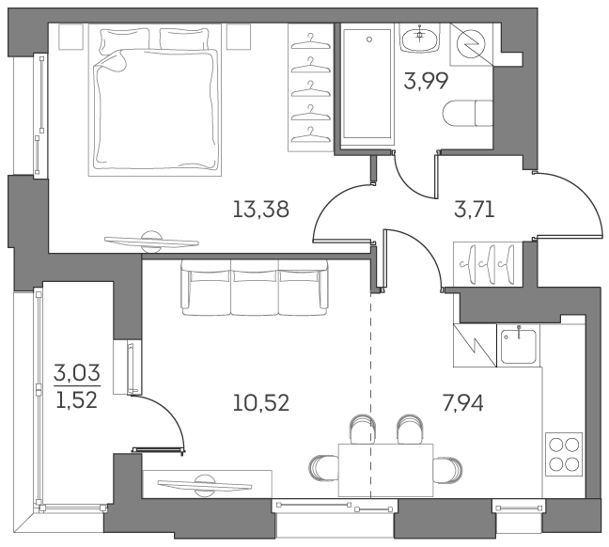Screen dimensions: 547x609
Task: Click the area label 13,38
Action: click(x=260, y=209)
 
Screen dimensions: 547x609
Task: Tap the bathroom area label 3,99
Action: click(x=426, y=81)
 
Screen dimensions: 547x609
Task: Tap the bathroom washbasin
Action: click(x=417, y=39)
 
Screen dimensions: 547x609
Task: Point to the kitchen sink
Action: click(x=518, y=346)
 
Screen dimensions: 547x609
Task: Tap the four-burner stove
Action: click(x=563, y=452)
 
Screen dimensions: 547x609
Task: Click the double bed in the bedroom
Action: click(x=155, y=101)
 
